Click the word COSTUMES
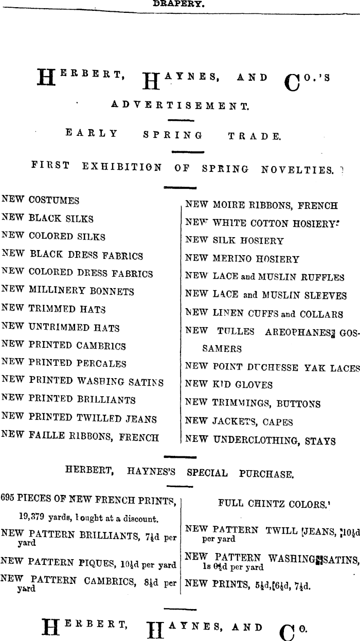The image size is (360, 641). [x=54, y=200]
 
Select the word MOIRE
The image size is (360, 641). [x=229, y=205]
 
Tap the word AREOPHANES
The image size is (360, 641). [x=297, y=332]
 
